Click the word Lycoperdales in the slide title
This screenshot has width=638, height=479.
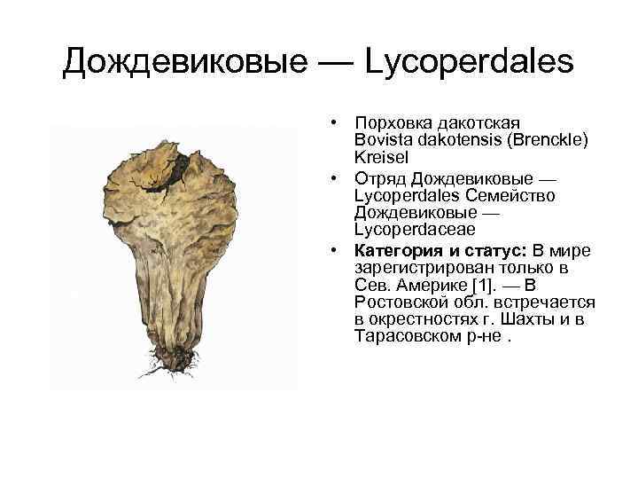click(x=471, y=61)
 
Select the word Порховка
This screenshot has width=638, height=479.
click(x=391, y=122)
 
